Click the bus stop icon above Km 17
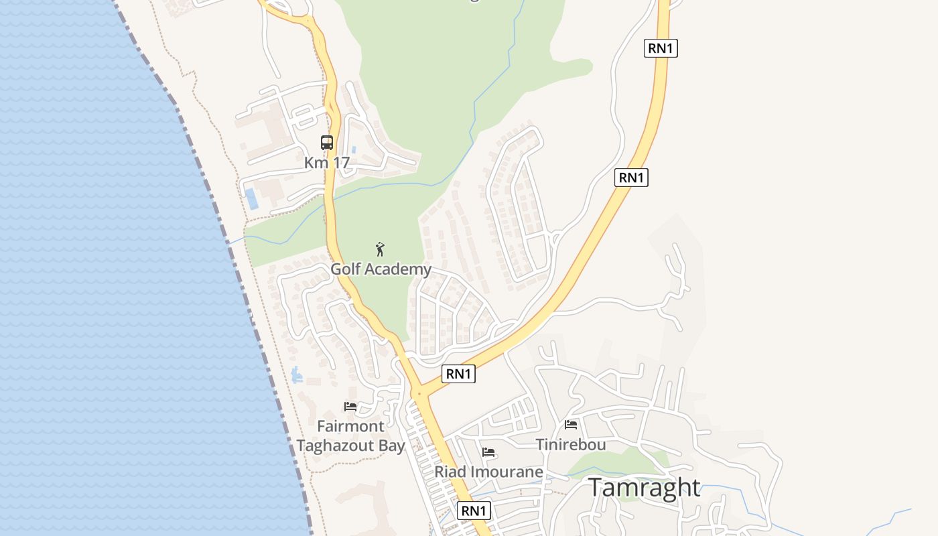pyautogui.click(x=327, y=142)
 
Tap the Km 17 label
pyautogui.click(x=327, y=163)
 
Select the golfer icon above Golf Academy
pyautogui.click(x=381, y=249)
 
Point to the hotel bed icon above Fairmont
pyautogui.click(x=350, y=406)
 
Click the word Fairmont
pyautogui.click(x=350, y=426)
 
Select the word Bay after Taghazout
pyautogui.click(x=393, y=446)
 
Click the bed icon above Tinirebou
pyautogui.click(x=571, y=424)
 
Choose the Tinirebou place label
pyautogui.click(x=571, y=444)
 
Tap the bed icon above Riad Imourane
pyautogui.click(x=488, y=452)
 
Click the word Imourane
pyautogui.click(x=506, y=472)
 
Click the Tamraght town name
pyautogui.click(x=644, y=488)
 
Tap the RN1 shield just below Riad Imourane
pyautogui.click(x=474, y=511)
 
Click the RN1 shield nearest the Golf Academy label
pyautogui.click(x=458, y=374)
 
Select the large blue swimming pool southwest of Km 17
pyautogui.click(x=251, y=198)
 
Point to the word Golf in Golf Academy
pyautogui.click(x=346, y=269)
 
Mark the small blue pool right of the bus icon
pyautogui.click(x=354, y=148)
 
